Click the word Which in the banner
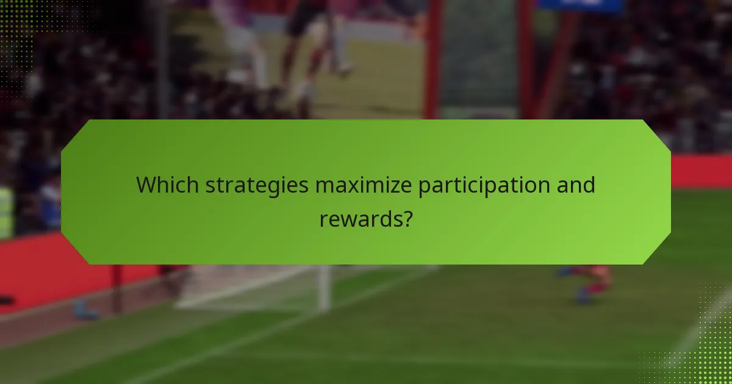[x=167, y=185]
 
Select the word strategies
[x=257, y=185]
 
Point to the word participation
[x=478, y=185]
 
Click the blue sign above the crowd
[x=579, y=5]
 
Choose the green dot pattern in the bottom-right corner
[x=711, y=347]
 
